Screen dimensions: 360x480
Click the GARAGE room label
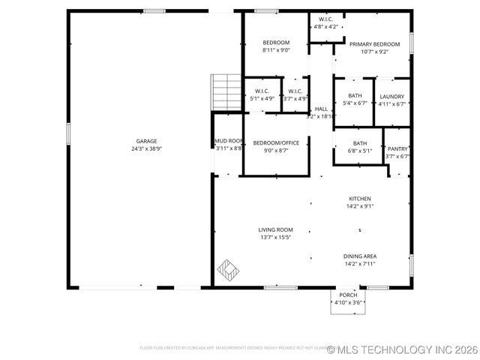pyautogui.click(x=146, y=141)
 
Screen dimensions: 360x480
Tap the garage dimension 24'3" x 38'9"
pyautogui.click(x=146, y=148)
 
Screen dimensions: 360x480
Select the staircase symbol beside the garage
pyautogui.click(x=224, y=92)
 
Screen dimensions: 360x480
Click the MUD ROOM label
pyautogui.click(x=229, y=141)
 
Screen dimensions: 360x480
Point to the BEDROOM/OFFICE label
pyautogui.click(x=276, y=142)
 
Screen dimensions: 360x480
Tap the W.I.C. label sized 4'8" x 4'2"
pyautogui.click(x=325, y=19)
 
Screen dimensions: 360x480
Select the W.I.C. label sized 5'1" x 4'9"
pyautogui.click(x=262, y=91)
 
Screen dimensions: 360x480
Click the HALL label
pyautogui.click(x=321, y=109)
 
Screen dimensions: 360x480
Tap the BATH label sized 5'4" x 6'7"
pyautogui.click(x=355, y=96)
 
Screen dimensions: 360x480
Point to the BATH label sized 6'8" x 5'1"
pyautogui.click(x=360, y=143)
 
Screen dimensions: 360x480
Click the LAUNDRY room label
pyautogui.click(x=391, y=96)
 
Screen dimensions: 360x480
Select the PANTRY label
pyautogui.click(x=397, y=148)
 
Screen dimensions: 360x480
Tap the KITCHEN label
pyautogui.click(x=360, y=199)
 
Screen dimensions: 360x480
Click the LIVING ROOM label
pyautogui.click(x=276, y=229)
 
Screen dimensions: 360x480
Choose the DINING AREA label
pyautogui.click(x=360, y=256)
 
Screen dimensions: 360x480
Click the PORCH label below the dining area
pyautogui.click(x=348, y=295)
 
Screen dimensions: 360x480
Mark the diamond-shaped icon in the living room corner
pyautogui.click(x=227, y=268)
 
